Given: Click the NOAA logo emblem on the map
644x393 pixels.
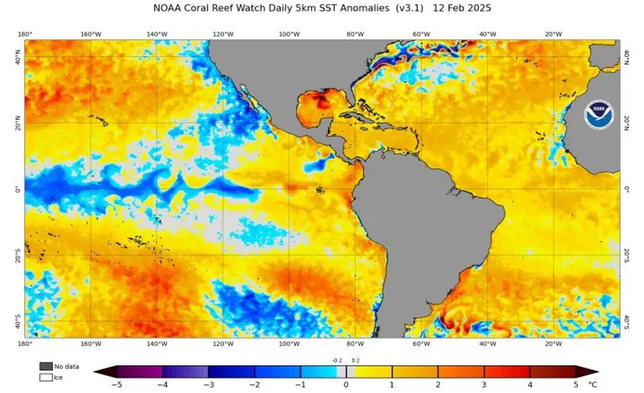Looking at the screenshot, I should [x=600, y=113].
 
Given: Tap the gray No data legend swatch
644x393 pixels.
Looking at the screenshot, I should [x=46, y=366].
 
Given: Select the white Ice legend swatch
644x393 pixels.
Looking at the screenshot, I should [x=46, y=377].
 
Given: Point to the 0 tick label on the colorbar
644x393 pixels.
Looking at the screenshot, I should [x=346, y=385].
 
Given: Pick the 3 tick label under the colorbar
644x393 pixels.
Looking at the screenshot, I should [x=484, y=385].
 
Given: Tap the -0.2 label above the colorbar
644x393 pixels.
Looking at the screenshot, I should [x=337, y=361].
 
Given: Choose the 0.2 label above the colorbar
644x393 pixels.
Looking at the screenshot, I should [x=355, y=361].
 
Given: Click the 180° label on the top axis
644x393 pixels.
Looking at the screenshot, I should [x=26, y=34].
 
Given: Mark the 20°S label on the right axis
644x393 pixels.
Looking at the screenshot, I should [x=627, y=255].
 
